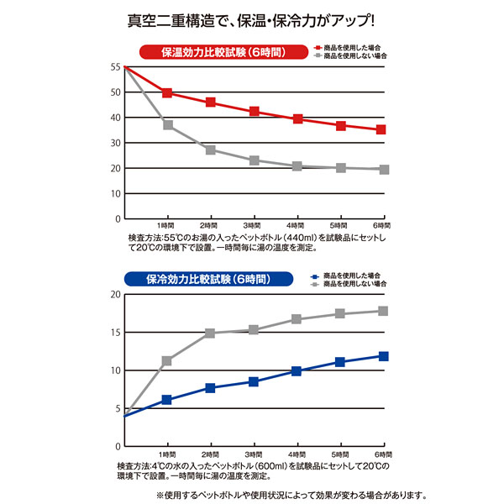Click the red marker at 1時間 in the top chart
click(167, 93)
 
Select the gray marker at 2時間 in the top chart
click(211, 150)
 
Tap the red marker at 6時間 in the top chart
click(381, 129)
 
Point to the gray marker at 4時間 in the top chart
click(297, 166)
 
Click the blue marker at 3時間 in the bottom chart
click(254, 381)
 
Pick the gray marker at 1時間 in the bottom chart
click(167, 361)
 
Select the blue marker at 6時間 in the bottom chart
click(383, 356)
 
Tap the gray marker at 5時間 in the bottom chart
click(340, 313)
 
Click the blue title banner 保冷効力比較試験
click(210, 279)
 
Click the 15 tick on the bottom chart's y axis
click(116, 332)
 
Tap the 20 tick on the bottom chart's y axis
click(116, 294)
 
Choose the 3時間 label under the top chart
click(253, 226)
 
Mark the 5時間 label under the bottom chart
click(339, 454)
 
